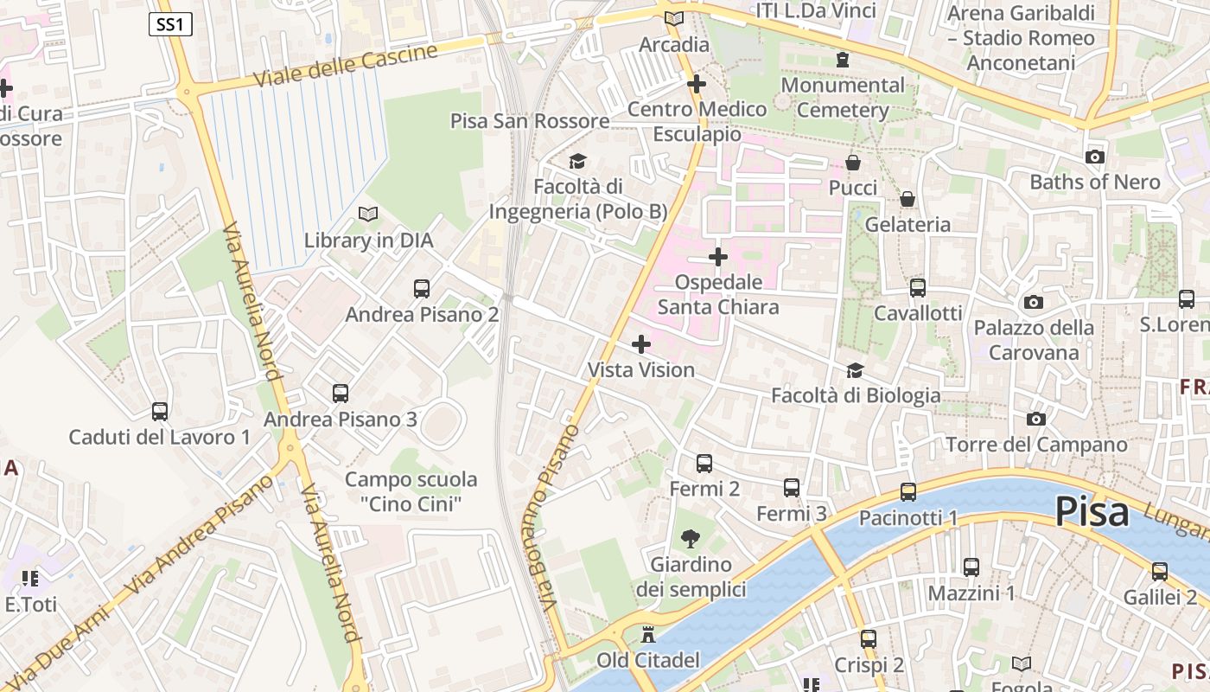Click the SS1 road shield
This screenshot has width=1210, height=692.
170,24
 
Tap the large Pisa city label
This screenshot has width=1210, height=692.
1092,512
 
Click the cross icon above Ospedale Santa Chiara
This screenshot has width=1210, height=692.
717,257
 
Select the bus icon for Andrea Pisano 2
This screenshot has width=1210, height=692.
422,289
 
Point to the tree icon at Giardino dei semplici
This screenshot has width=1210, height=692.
690,540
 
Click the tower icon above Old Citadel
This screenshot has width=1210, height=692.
647,636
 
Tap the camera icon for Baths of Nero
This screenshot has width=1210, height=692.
1094,157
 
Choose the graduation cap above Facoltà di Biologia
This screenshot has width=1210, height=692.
855,370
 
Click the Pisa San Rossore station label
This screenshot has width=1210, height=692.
530,121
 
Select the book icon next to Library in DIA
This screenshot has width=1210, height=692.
368,214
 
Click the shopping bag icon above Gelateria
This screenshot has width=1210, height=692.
907,199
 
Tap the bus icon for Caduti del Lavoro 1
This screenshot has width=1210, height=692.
159,412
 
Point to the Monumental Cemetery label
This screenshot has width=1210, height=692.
843,97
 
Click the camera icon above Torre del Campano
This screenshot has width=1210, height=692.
1035,420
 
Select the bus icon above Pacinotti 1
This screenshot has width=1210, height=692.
907,492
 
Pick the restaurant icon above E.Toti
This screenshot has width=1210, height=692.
30,578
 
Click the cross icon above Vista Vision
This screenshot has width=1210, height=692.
640,344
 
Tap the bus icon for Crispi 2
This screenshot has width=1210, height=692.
869,639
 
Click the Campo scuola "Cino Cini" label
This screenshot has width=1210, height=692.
411,490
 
